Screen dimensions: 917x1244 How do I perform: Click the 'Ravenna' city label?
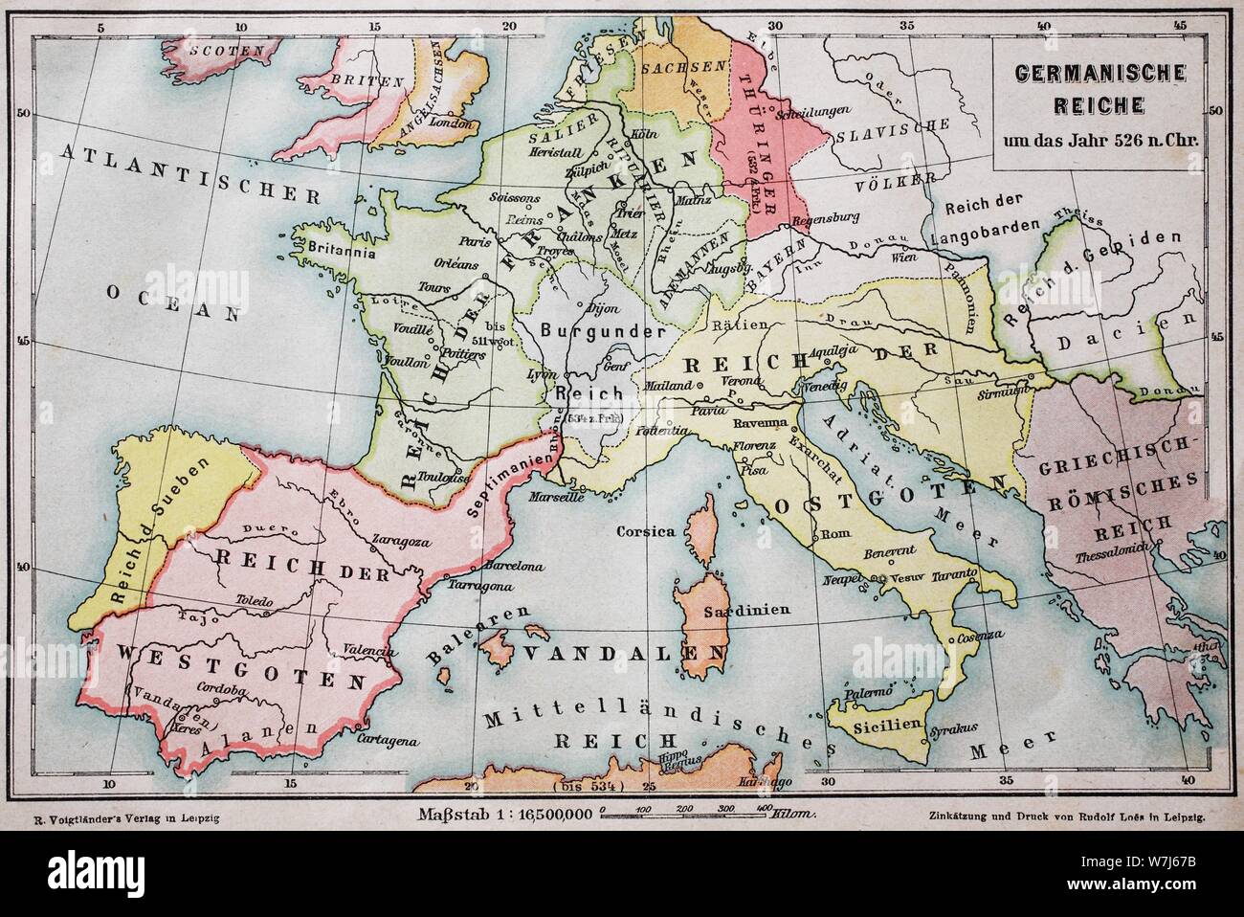click(760, 422)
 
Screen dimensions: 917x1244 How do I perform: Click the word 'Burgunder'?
click(603, 331)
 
